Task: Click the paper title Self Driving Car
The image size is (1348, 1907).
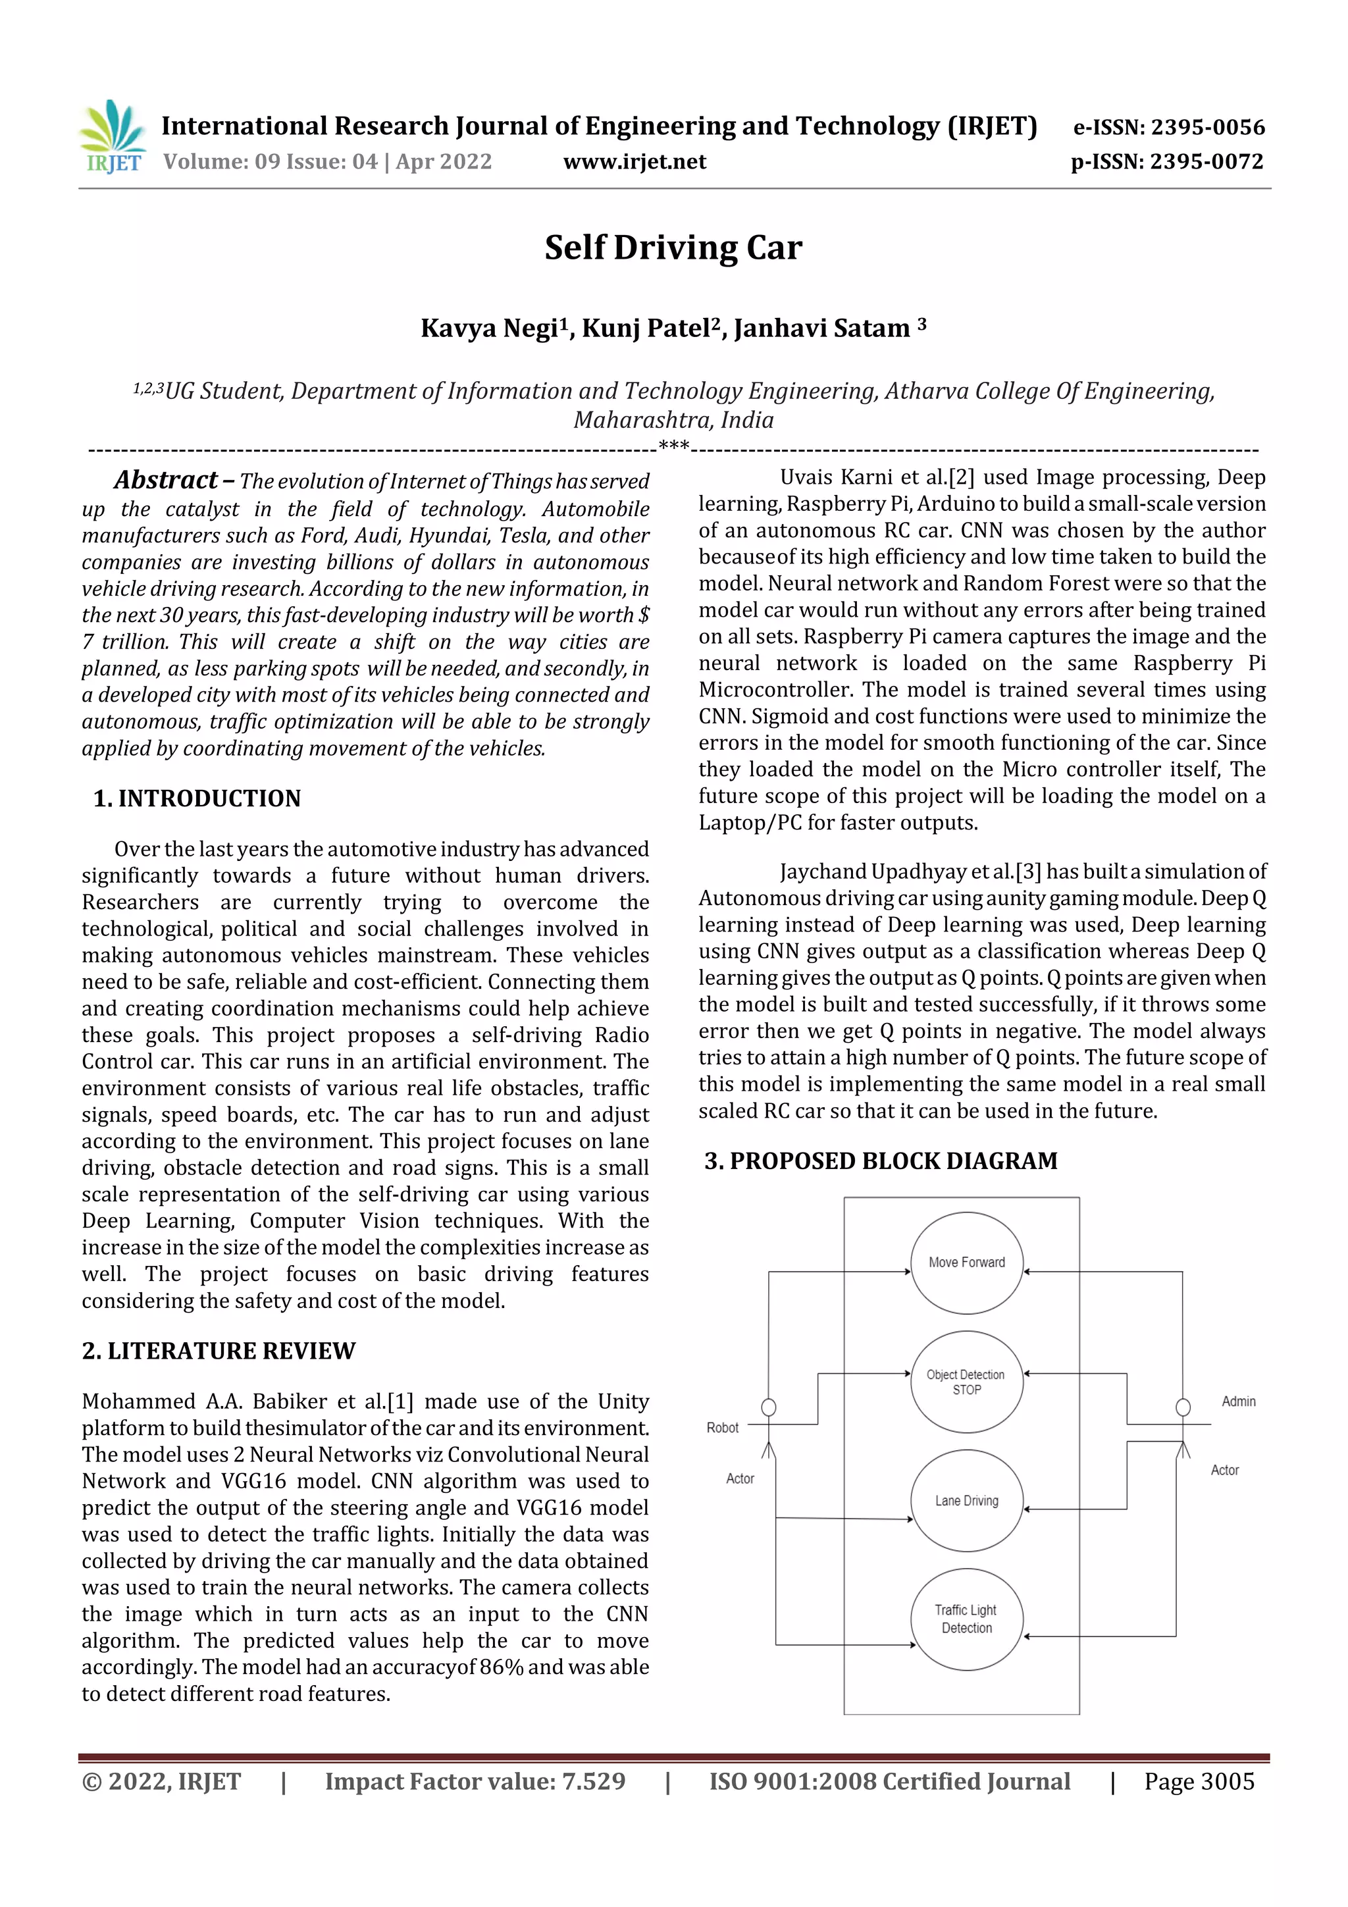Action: (x=673, y=248)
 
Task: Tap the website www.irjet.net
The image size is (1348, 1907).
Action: (x=635, y=161)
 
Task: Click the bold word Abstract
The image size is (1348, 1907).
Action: (x=166, y=480)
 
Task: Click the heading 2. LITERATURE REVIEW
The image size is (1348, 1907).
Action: (x=219, y=1351)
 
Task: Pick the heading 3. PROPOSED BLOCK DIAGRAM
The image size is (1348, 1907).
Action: (x=881, y=1161)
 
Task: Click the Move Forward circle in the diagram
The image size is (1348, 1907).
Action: (x=967, y=1263)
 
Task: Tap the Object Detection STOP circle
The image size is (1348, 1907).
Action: (x=966, y=1382)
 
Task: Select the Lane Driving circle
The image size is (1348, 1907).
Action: (x=967, y=1501)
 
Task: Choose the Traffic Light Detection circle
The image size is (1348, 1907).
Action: (x=967, y=1619)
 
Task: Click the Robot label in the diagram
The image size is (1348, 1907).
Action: (x=722, y=1428)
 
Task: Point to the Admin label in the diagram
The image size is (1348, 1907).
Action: (x=1238, y=1401)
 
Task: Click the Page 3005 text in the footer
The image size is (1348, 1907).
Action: (x=1199, y=1781)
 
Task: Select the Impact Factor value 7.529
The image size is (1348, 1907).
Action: (x=593, y=1781)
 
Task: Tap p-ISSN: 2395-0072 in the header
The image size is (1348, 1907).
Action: (x=1167, y=161)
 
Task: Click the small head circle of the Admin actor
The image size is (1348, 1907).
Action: (x=1183, y=1407)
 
